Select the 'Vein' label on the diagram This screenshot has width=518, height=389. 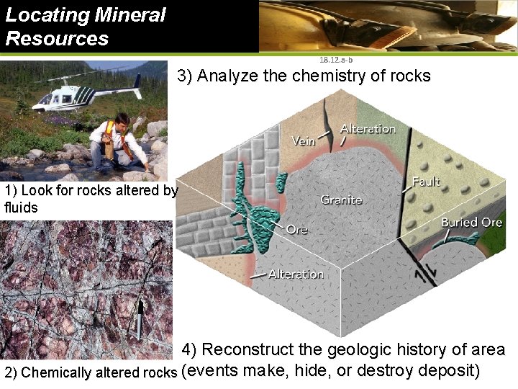click(303, 141)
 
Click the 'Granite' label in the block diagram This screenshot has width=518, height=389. click(341, 199)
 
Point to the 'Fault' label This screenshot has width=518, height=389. click(426, 182)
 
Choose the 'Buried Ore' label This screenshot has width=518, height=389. click(471, 223)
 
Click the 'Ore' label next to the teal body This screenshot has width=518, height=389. click(296, 229)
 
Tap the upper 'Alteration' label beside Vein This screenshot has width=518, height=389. click(368, 129)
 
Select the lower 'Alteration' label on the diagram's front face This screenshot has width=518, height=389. click(296, 274)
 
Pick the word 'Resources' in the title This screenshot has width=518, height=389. click(57, 38)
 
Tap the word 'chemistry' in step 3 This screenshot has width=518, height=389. click(324, 76)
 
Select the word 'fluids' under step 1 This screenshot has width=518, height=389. click(21, 207)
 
